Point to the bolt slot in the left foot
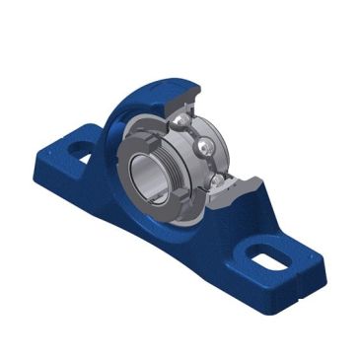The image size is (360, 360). point(81,150)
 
